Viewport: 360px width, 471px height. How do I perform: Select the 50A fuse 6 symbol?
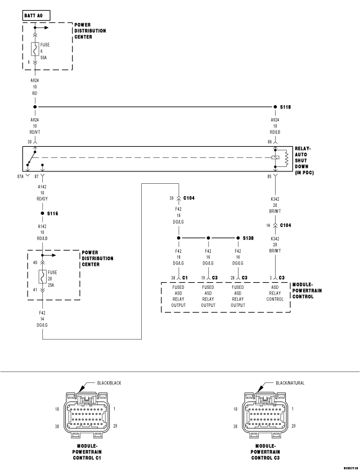tap(35, 49)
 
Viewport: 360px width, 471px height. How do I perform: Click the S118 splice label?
tap(286, 106)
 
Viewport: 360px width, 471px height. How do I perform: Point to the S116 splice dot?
tap(42, 214)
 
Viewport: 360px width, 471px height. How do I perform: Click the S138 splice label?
tap(248, 238)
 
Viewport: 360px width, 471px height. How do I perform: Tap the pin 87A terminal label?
tap(20, 176)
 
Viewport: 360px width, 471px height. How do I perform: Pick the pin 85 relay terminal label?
tap(269, 176)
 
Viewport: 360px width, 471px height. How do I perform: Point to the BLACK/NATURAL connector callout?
tap(290, 383)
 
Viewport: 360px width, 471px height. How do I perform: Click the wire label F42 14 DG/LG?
tap(42, 319)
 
